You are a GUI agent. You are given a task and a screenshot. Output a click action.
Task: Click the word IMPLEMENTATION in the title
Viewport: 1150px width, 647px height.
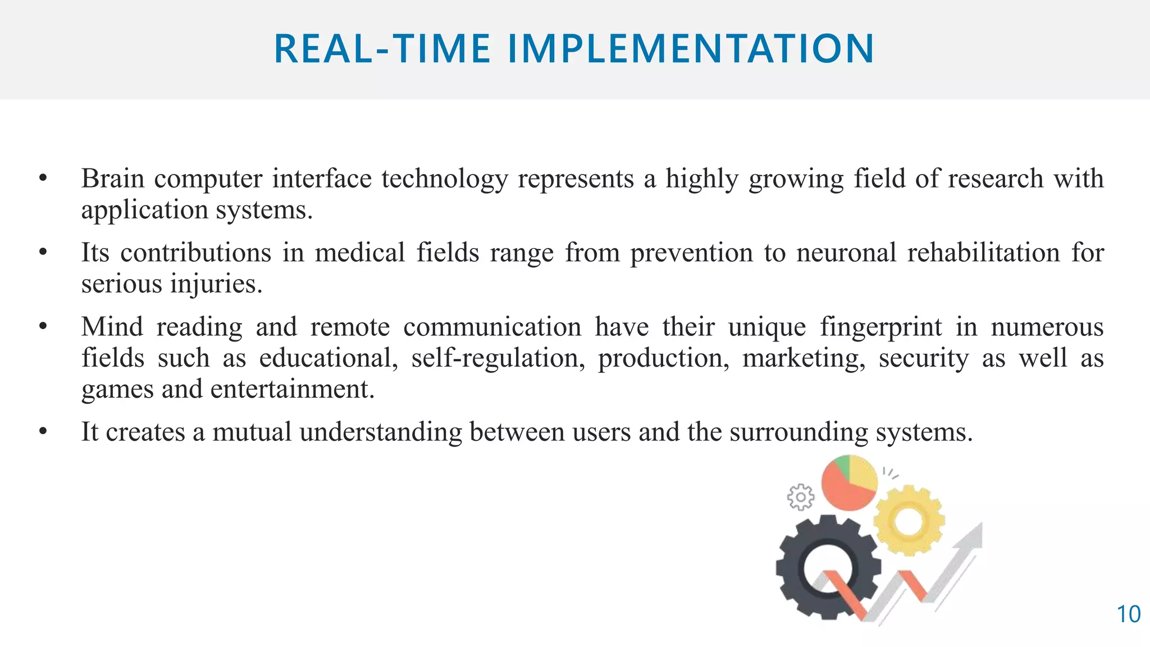pos(691,49)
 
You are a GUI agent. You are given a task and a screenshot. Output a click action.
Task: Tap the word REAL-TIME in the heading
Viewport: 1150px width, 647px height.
pos(382,49)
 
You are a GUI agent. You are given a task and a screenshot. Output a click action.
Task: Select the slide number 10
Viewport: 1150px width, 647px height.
pos(1128,614)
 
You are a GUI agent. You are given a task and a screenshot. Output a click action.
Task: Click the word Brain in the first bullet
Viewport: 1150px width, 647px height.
pos(113,179)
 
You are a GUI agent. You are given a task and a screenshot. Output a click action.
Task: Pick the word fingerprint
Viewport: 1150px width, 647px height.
pos(880,327)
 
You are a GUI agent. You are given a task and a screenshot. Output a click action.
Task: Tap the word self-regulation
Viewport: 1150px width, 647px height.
pos(498,358)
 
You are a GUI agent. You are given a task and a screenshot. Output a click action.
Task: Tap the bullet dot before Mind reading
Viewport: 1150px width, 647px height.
pos(43,327)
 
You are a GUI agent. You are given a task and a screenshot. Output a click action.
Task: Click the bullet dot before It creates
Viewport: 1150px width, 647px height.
pos(43,432)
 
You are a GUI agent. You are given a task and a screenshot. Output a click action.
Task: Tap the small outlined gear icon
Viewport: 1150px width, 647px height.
pos(800,497)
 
